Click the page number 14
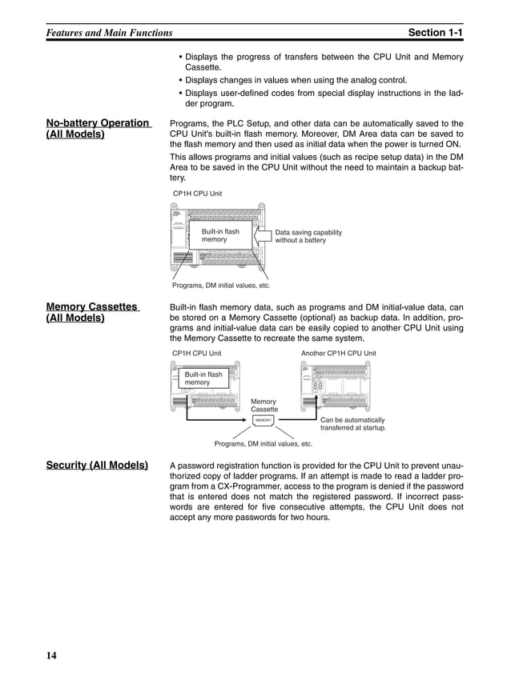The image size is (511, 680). point(51,656)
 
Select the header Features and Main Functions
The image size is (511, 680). point(108,33)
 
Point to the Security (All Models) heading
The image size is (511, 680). point(97,465)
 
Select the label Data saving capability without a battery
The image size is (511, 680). point(308,237)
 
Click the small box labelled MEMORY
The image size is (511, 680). point(264,420)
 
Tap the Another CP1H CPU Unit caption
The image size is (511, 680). point(338,353)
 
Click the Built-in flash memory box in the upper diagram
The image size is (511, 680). point(220,236)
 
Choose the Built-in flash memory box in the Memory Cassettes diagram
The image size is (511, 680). point(203,378)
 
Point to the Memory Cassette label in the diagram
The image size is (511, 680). point(264,406)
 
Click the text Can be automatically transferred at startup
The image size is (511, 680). point(353,424)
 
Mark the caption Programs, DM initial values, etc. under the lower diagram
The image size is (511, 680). point(263,443)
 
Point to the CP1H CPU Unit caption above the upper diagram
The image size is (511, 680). point(197,194)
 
